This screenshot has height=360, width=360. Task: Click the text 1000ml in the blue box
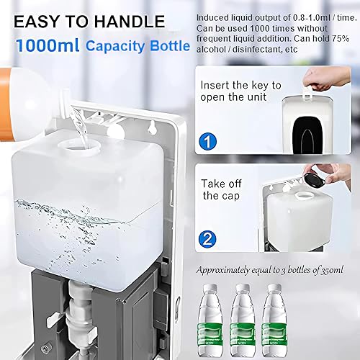[48, 45]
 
